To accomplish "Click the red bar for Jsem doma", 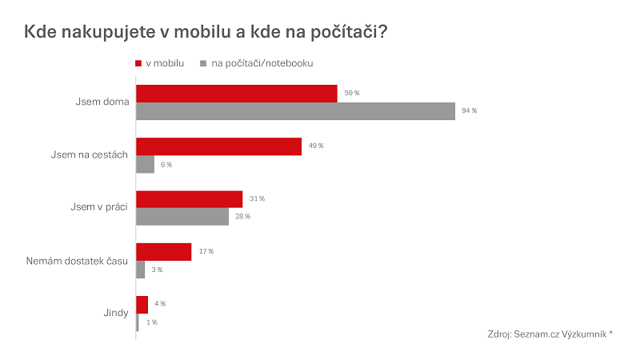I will pyautogui.click(x=237, y=94).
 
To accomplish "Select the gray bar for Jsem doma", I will pyautogui.click(x=295, y=111).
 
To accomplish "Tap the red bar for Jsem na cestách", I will pyautogui.click(x=218, y=146).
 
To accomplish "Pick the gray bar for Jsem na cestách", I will pyautogui.click(x=145, y=164).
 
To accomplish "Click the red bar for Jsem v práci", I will pyautogui.click(x=189, y=199).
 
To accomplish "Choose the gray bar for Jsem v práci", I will pyautogui.click(x=182, y=217).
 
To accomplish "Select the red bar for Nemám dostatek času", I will pyautogui.click(x=164, y=252).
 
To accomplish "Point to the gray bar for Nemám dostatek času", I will pyautogui.click(x=141, y=270).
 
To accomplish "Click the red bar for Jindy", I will pyautogui.click(x=142, y=305).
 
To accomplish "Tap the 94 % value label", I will pyautogui.click(x=469, y=111).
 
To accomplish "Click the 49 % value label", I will pyautogui.click(x=315, y=146).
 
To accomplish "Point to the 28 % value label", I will pyautogui.click(x=242, y=217).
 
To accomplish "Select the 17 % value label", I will pyautogui.click(x=206, y=252).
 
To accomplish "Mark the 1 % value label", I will pyautogui.click(x=150, y=322).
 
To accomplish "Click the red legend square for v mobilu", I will pyautogui.click(x=138, y=63).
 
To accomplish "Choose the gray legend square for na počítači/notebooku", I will pyautogui.click(x=205, y=63).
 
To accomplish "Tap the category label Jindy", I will pyautogui.click(x=116, y=313).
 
